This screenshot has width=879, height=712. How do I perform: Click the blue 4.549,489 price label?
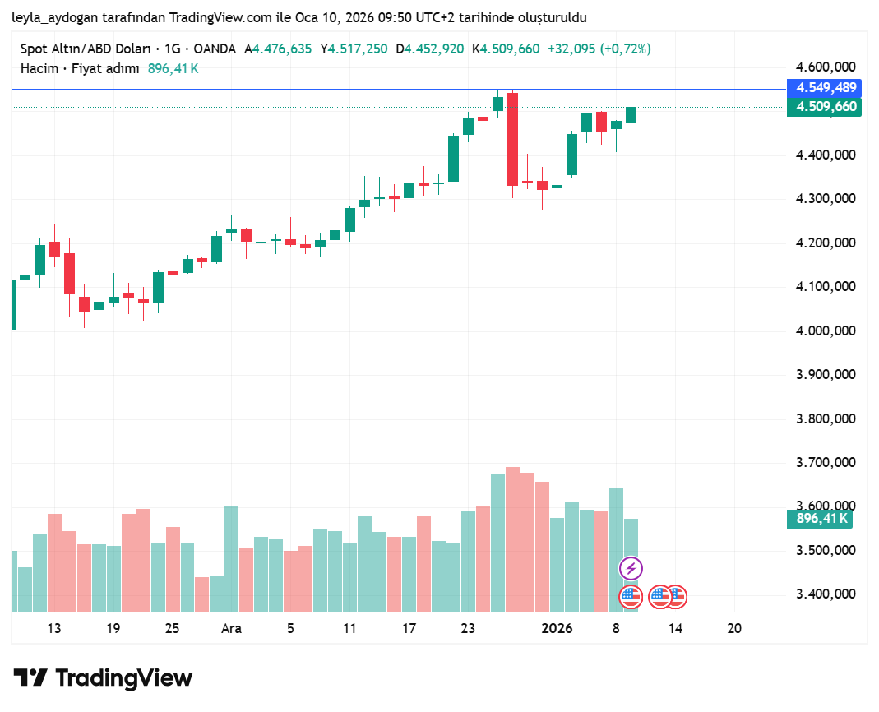[823, 88]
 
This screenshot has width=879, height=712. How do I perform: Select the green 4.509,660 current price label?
[823, 107]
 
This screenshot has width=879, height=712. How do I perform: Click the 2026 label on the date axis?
[557, 628]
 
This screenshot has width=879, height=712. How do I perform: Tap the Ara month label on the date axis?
[231, 628]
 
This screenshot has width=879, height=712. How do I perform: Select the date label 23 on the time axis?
[468, 628]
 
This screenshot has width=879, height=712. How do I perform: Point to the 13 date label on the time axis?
[54, 628]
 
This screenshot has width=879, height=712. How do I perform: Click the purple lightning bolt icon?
[631, 568]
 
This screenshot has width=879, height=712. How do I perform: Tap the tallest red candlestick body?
[512, 139]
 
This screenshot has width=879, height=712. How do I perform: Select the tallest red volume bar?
[512, 539]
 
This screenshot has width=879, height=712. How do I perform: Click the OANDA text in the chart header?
[215, 49]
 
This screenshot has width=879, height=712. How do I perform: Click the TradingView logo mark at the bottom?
[30, 678]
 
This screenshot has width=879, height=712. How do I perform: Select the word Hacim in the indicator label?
[39, 68]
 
